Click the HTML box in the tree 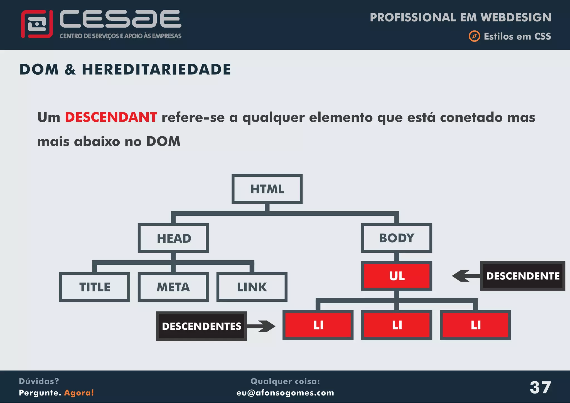click(267, 189)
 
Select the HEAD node click(173, 238)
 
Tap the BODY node click(397, 238)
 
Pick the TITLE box click(95, 287)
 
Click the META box click(173, 287)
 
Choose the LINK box click(252, 287)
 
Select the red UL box click(397, 276)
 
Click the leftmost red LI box click(318, 325)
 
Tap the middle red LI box click(397, 325)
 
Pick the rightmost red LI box click(475, 325)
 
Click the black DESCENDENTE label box click(523, 276)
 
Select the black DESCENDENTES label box click(202, 326)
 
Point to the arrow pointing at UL click(465, 276)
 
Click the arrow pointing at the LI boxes click(262, 326)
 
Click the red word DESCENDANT click(111, 117)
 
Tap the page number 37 click(540, 387)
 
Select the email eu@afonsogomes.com click(285, 393)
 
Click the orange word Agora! click(79, 393)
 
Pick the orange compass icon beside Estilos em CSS click(474, 36)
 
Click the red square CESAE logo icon click(37, 24)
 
